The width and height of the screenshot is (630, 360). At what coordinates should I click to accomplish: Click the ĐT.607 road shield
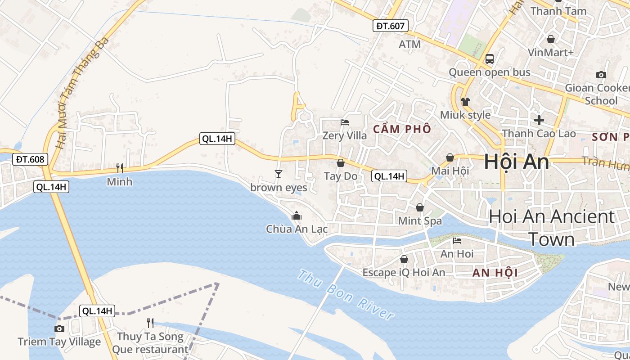390,26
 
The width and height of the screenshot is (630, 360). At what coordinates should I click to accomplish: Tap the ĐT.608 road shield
30,159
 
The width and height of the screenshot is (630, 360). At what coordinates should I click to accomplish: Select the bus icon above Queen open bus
489,59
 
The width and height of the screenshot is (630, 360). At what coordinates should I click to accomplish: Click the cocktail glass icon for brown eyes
279,174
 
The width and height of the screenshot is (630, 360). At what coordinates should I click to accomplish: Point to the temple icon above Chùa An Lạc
296,216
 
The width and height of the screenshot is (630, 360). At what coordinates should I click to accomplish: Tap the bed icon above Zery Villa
345,122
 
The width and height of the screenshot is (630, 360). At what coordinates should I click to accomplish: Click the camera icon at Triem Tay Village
59,328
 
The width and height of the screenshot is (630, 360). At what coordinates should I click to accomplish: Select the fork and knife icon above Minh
120,168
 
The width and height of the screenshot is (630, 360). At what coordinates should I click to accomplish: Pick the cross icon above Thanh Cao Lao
539,120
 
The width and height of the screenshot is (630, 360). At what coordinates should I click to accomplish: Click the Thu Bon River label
346,295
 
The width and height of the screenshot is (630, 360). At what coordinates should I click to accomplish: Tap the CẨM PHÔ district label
402,129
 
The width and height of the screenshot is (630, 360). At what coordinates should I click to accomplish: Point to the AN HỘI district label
495,272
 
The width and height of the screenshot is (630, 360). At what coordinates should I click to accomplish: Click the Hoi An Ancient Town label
552,228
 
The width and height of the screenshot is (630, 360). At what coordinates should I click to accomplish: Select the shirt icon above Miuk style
465,102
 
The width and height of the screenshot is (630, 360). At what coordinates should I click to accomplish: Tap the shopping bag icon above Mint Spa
420,207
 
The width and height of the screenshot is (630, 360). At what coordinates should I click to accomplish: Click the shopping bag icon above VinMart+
550,39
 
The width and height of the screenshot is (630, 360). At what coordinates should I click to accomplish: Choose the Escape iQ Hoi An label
404,272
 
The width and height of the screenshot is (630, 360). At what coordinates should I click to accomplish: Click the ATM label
410,44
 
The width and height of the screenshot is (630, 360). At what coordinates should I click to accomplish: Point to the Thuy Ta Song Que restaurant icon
150,323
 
